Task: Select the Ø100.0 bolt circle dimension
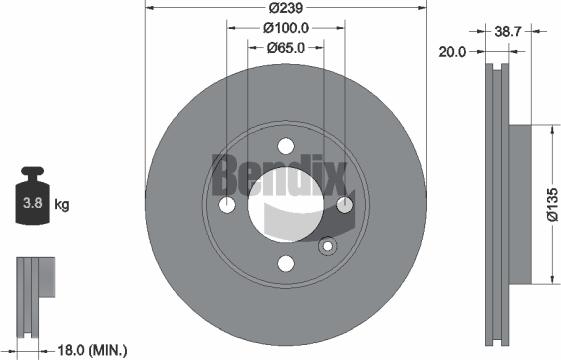click(286, 28)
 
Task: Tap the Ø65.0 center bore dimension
click(286, 47)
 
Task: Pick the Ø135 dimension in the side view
click(553, 203)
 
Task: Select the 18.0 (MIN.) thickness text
click(91, 349)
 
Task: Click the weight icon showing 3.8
click(32, 204)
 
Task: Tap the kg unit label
click(62, 206)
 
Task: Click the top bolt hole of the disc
click(286, 145)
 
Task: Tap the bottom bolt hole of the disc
click(286, 263)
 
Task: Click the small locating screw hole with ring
click(325, 247)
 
